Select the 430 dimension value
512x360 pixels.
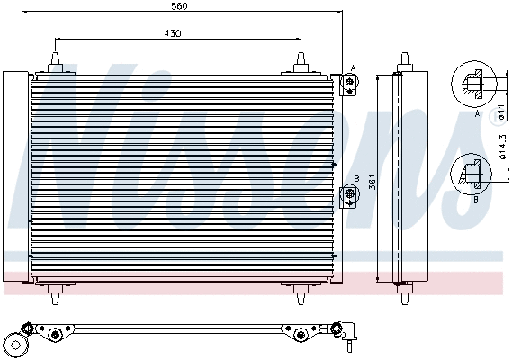pos(173,33)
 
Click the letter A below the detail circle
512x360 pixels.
pos(476,115)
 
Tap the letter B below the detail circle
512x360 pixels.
pos(476,200)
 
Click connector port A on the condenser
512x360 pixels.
pos(349,83)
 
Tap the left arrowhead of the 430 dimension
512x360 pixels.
pos(58,40)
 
